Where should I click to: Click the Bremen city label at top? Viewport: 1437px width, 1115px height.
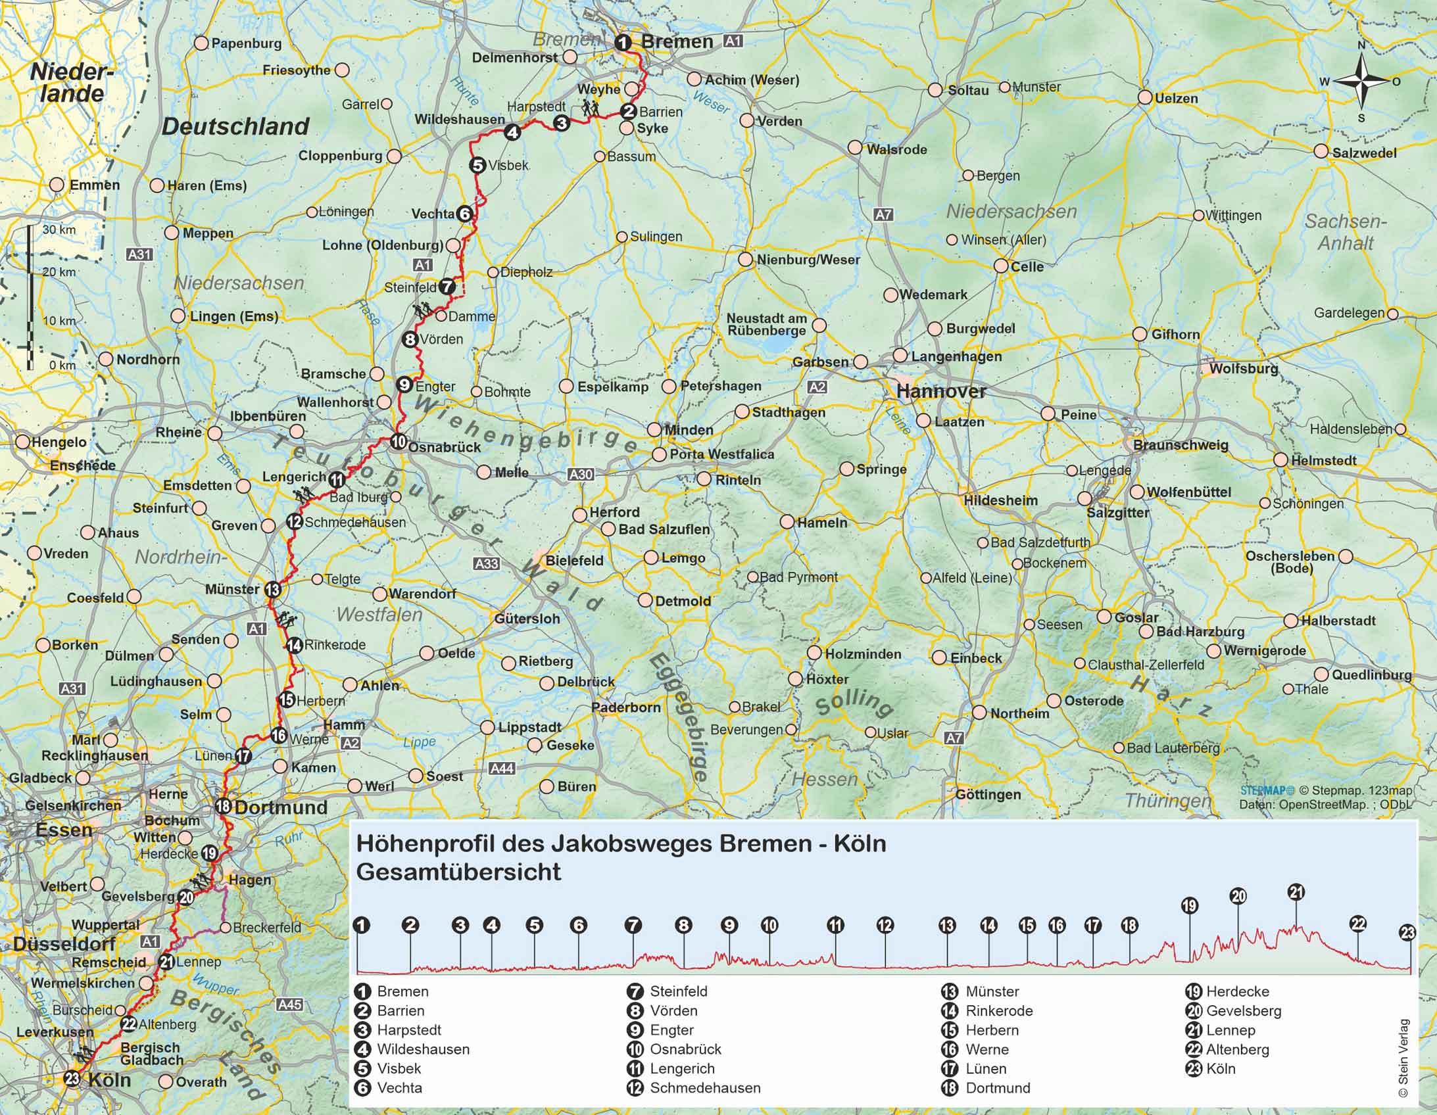(x=676, y=41)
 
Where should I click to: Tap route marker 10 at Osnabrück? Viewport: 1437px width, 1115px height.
(x=398, y=441)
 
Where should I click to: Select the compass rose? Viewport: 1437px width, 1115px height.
(x=1361, y=82)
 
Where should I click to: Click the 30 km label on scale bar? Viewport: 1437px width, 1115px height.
(x=58, y=229)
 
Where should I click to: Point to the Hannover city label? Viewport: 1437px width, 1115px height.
(x=941, y=391)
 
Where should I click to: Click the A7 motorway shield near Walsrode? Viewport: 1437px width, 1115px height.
(x=883, y=214)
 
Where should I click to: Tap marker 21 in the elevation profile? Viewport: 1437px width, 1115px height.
(x=1296, y=892)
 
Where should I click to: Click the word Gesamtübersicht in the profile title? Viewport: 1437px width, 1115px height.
(x=458, y=872)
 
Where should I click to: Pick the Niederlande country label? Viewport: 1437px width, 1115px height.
(x=71, y=82)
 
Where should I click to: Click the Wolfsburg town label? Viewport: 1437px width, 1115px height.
(x=1243, y=369)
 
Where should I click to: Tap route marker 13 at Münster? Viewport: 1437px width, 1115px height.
(x=272, y=590)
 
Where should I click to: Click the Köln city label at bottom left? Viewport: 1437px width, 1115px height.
(x=109, y=1079)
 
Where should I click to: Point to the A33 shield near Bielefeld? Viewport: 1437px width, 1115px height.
(x=486, y=564)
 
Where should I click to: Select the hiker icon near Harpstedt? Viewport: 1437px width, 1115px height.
(x=589, y=108)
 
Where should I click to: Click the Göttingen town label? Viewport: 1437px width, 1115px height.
(x=988, y=795)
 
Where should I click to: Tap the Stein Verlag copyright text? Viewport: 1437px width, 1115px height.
(x=1403, y=1058)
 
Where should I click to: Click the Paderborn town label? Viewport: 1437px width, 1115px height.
(x=625, y=708)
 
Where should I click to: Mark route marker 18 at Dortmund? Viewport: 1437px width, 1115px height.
(x=223, y=806)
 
